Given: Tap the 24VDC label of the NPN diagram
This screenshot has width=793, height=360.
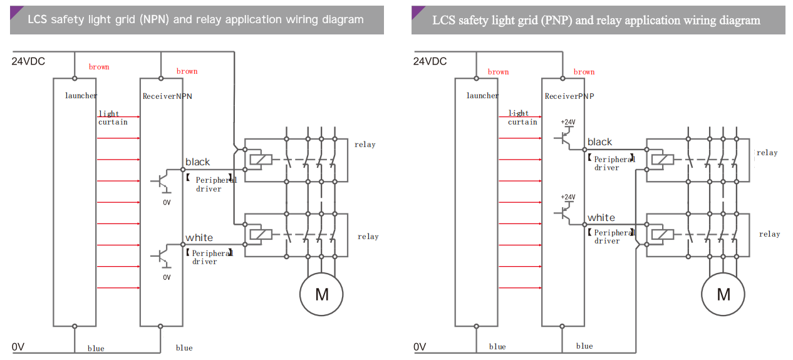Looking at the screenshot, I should click(28, 61).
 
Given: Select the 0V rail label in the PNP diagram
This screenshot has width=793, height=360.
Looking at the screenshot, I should click(420, 347).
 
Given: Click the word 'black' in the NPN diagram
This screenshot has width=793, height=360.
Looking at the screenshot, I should click(197, 162).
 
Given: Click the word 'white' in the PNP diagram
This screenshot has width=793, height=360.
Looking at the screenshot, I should click(601, 218).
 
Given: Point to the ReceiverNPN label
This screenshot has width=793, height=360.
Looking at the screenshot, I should click(167, 96).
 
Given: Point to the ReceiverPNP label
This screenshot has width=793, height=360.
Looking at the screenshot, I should click(569, 96).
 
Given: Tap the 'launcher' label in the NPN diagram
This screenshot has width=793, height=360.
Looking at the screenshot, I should click(81, 96).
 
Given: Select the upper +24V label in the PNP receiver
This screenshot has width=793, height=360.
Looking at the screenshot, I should click(568, 122).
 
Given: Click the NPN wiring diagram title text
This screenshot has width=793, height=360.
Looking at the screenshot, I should click(195, 19).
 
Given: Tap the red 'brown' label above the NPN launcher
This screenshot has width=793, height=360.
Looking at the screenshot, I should click(99, 67).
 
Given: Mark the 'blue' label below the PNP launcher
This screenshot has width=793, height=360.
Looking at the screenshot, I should click(497, 347).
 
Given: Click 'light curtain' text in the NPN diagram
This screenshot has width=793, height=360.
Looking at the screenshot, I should click(113, 118).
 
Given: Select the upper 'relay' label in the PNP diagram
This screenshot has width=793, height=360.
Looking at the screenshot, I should click(767, 153).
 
